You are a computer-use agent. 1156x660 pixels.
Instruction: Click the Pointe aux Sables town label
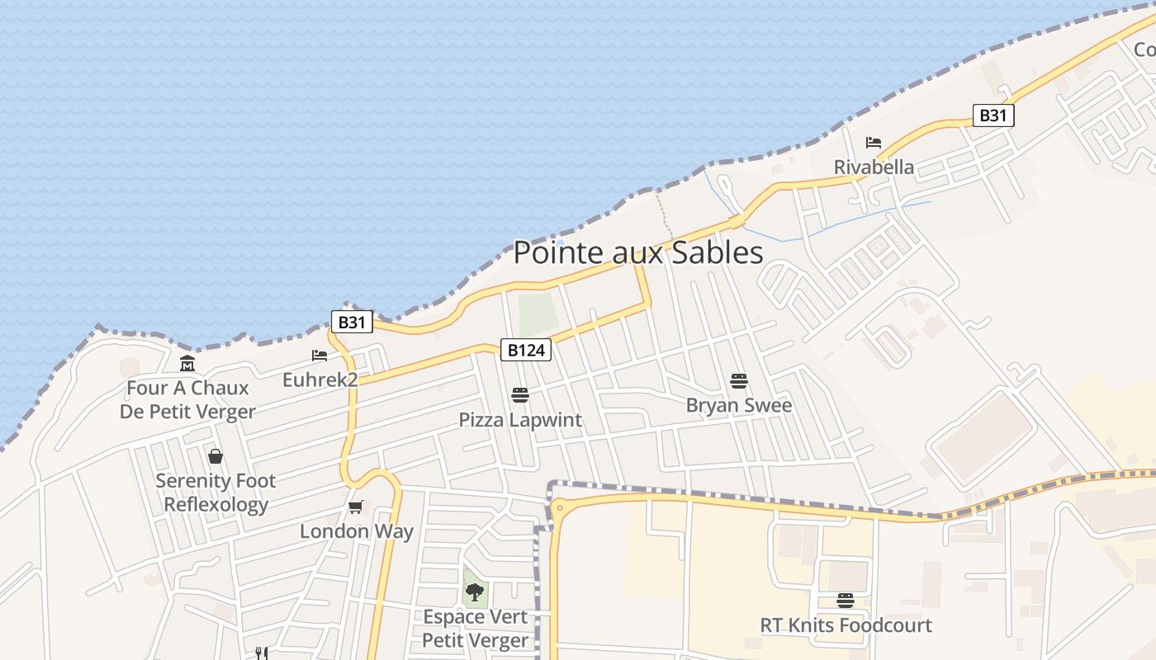click(638, 252)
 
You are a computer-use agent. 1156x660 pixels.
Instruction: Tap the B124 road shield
click(526, 350)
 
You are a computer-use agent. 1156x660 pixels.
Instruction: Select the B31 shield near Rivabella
click(993, 115)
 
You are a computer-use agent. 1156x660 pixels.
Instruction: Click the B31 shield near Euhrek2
click(352, 322)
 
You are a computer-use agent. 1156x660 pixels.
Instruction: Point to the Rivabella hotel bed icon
click(874, 143)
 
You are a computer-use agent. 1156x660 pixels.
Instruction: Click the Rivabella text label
click(874, 167)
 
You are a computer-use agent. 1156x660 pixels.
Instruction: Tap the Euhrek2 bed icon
click(320, 356)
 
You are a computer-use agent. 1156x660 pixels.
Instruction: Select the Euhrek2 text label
click(320, 379)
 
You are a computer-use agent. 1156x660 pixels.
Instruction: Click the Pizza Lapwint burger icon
click(519, 395)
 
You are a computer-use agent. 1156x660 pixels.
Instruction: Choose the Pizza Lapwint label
click(520, 420)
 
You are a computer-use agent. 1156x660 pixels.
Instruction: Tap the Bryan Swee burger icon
click(739, 381)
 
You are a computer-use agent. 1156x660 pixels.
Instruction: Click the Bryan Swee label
click(739, 405)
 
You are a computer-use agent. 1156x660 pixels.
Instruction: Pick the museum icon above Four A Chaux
click(187, 363)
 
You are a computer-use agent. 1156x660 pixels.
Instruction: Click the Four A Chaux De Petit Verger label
click(187, 399)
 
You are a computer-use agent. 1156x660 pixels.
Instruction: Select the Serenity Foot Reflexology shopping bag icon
click(216, 456)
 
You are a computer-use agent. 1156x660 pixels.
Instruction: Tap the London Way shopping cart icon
click(356, 507)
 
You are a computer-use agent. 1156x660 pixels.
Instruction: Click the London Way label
click(356, 531)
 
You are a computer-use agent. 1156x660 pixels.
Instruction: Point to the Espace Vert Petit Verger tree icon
click(475, 591)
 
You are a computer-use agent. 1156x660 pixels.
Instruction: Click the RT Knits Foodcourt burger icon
click(846, 600)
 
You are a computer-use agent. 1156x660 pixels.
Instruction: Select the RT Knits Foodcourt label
click(846, 625)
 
